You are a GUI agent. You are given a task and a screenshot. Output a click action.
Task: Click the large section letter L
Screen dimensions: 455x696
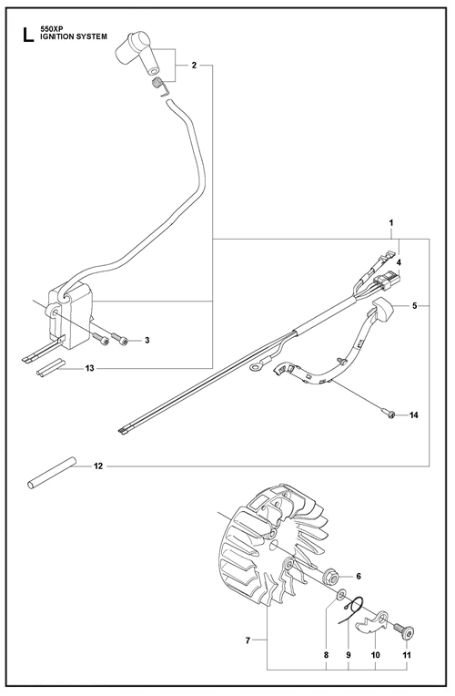[x=28, y=36]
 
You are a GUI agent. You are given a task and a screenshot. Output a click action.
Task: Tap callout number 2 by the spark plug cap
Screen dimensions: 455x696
[x=194, y=66]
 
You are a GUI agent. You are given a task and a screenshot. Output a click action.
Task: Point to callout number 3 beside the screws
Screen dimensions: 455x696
[x=147, y=340]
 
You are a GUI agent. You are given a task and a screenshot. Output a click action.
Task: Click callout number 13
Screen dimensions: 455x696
[x=90, y=368]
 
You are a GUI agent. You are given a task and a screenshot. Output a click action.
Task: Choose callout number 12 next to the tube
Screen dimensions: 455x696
[x=98, y=466]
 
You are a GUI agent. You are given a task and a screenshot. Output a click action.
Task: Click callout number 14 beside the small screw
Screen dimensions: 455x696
[x=414, y=415]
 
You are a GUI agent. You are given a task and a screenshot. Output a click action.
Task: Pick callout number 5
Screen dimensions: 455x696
[x=415, y=305]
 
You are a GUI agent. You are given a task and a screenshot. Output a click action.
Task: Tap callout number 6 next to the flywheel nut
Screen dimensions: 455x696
[x=359, y=576]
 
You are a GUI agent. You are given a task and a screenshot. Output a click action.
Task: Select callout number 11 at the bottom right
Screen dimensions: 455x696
[x=407, y=655]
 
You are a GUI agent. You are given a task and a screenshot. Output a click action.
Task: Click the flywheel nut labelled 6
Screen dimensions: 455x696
[x=332, y=576]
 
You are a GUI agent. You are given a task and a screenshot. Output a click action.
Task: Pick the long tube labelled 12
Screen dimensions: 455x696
[x=50, y=473]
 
